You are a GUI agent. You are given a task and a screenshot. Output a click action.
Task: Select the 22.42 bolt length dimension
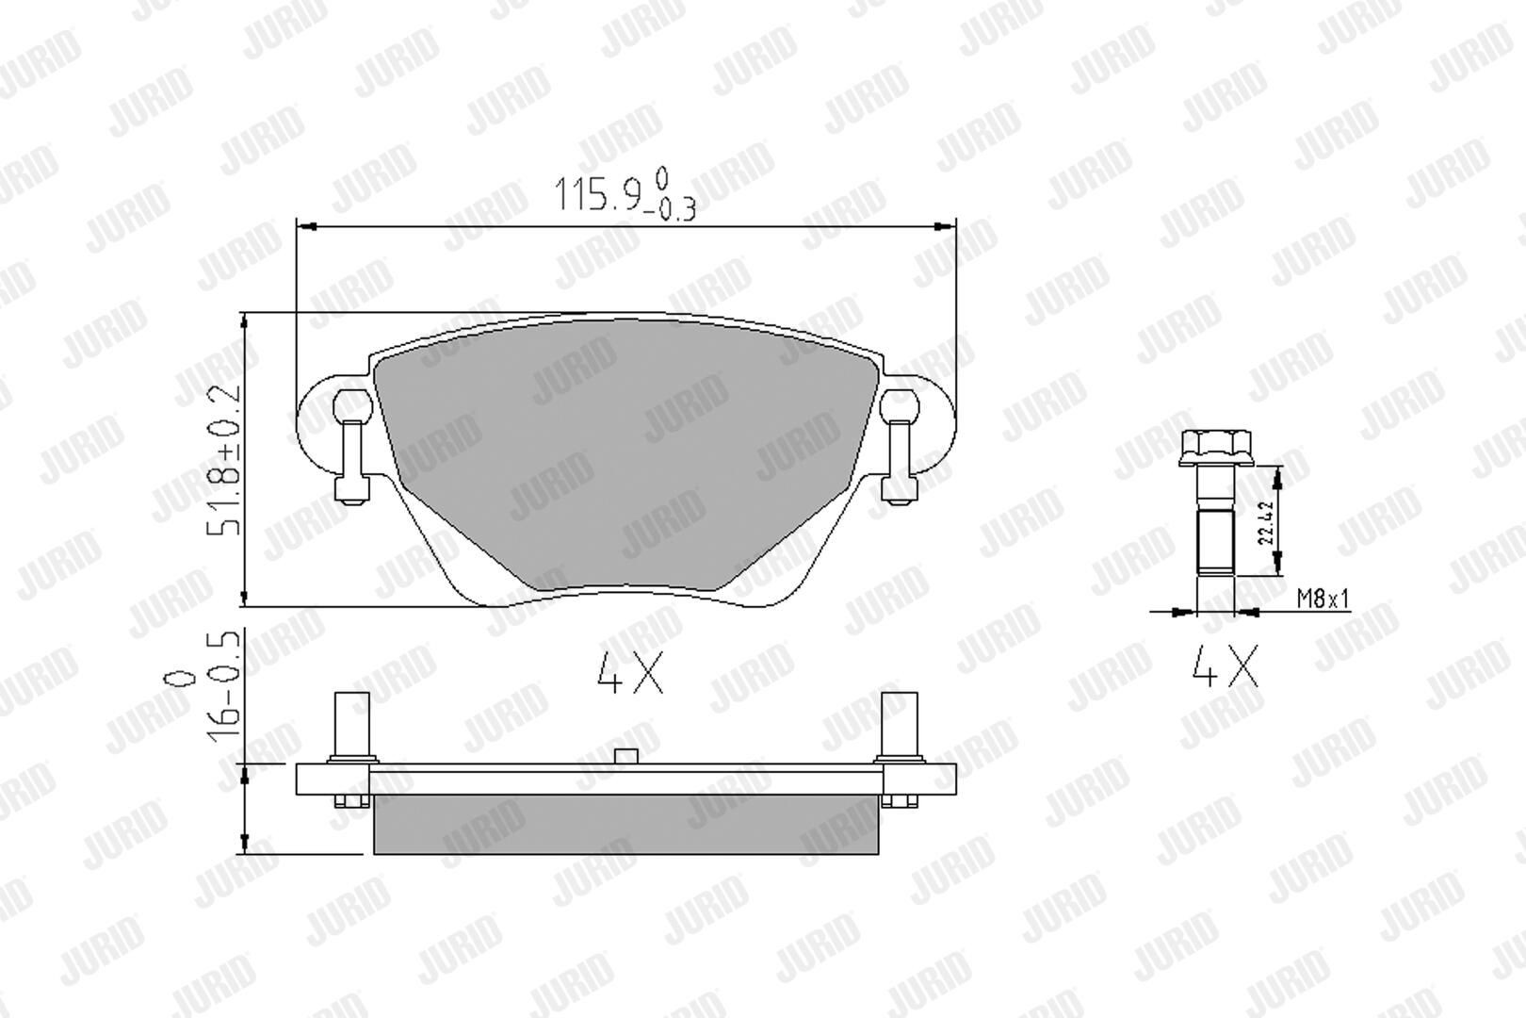[1266, 522]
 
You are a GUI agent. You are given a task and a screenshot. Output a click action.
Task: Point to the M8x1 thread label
[1323, 599]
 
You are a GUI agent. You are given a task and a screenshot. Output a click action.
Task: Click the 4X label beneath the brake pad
[630, 673]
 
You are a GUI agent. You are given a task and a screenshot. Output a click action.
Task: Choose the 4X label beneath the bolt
[1225, 665]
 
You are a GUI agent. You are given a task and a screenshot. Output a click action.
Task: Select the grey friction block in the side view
[625, 824]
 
